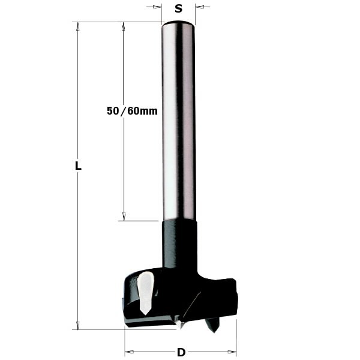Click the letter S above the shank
tap(178, 8)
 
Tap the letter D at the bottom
tap(181, 352)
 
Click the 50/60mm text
tap(131, 111)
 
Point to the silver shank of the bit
tap(178, 120)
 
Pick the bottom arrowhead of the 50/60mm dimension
tap(124, 217)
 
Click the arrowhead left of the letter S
tap(158, 7)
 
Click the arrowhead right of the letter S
tap(199, 7)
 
